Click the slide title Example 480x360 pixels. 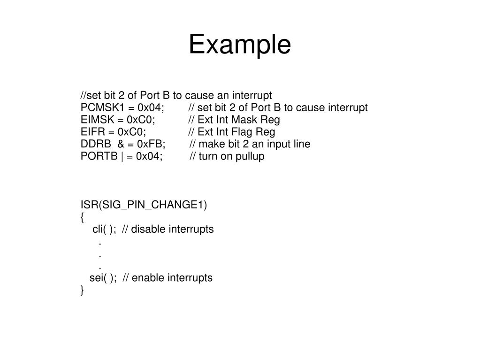tap(240, 45)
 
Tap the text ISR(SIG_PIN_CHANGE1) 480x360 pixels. tap(143, 205)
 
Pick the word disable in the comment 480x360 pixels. tap(148, 229)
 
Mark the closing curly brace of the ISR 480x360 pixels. tap(83, 291)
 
